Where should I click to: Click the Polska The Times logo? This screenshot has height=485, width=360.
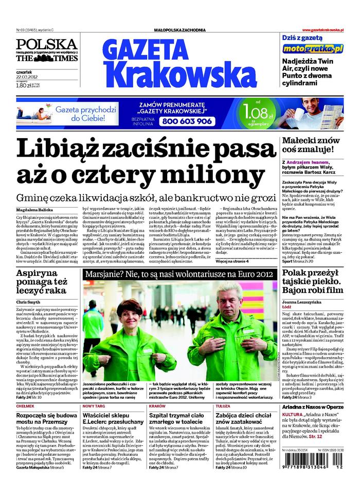pos(46,51)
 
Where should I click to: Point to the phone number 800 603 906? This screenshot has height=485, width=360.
pos(186,121)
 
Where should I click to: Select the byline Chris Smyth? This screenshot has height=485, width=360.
pos(28,302)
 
